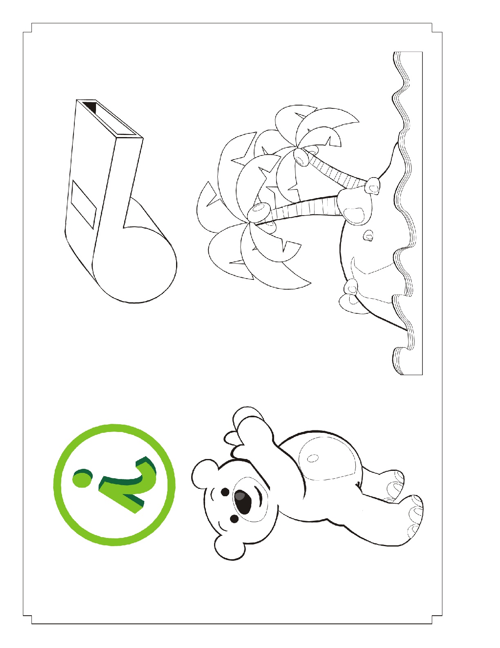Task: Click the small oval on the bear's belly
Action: (x=312, y=458)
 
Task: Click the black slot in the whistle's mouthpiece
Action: (x=90, y=106)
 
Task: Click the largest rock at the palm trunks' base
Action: (x=355, y=207)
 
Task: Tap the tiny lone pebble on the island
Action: (x=369, y=236)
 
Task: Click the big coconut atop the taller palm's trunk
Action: (x=259, y=212)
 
